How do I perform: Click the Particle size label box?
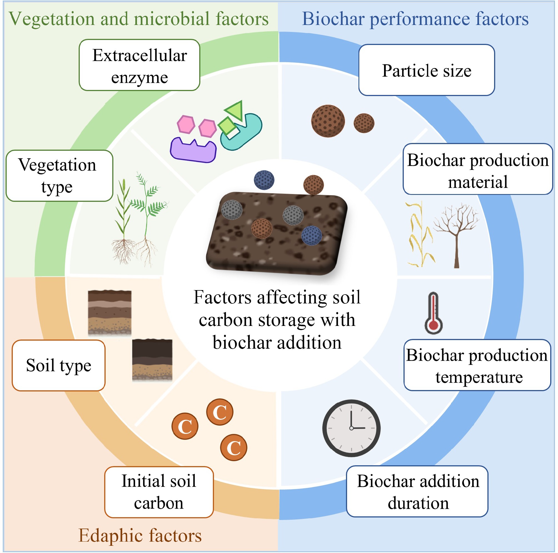(x=426, y=70)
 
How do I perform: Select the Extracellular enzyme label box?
(x=139, y=65)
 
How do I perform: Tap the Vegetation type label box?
(x=59, y=176)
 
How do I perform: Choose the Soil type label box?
(x=59, y=366)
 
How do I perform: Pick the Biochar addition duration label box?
(x=417, y=492)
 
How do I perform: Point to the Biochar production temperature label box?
(x=477, y=365)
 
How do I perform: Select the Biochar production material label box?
(x=478, y=169)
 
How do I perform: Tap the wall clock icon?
(x=351, y=428)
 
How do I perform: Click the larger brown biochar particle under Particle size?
(x=328, y=121)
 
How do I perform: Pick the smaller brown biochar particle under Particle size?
(x=364, y=123)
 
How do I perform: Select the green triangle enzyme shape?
(x=235, y=110)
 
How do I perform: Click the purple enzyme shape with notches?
(x=193, y=150)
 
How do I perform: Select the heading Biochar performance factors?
(x=415, y=19)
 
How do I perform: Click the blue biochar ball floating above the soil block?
(x=264, y=180)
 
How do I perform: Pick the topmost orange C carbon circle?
(x=220, y=412)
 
